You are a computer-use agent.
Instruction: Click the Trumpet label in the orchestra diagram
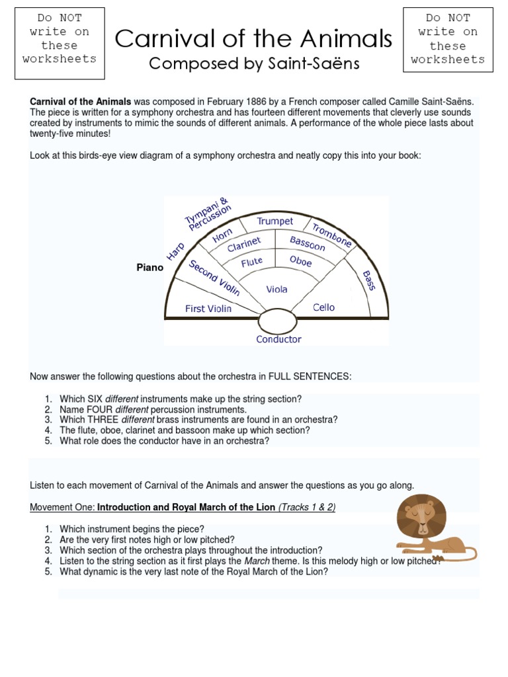275,221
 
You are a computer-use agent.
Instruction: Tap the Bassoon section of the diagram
308,243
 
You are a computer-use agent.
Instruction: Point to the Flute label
252,262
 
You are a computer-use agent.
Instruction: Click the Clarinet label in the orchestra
244,245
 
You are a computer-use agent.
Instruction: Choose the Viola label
276,290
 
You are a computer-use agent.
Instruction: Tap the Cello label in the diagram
323,307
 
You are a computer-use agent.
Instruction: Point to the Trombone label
332,235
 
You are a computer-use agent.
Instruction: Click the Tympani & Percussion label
208,215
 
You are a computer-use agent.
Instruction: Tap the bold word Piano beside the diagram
149,268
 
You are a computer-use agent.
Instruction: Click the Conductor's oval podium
277,322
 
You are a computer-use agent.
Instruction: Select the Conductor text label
278,339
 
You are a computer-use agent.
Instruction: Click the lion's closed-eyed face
421,517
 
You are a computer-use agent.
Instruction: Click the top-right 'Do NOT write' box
448,39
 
